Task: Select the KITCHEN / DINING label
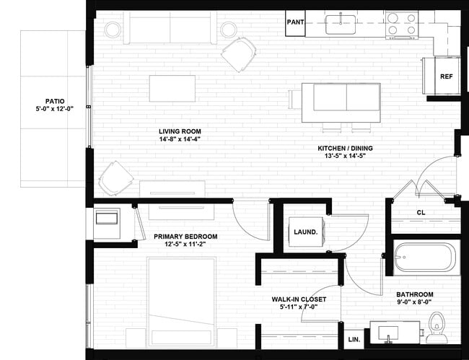345,149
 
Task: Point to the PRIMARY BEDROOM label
185,237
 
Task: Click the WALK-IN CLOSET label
299,299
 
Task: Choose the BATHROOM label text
414,294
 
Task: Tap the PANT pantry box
295,22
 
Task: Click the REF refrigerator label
446,76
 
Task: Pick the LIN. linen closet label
354,339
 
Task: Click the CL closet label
421,212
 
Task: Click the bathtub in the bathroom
425,258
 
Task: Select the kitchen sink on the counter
337,24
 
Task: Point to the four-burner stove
400,24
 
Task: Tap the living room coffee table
172,88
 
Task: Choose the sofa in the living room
170,27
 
